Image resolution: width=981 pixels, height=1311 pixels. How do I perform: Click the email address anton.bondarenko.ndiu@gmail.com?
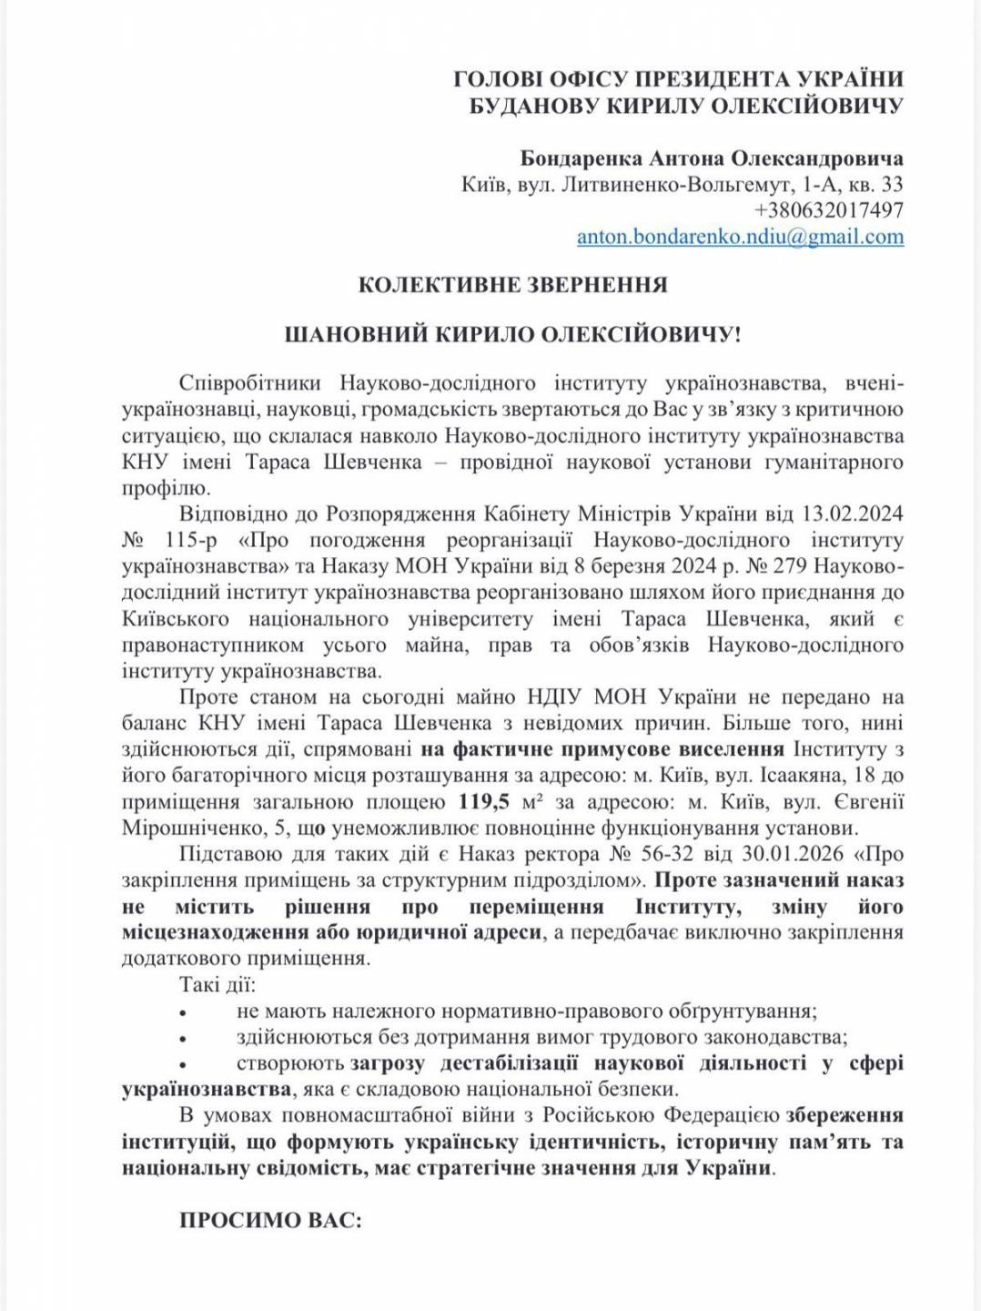740,237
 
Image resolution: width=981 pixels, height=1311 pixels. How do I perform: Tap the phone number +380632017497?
828,210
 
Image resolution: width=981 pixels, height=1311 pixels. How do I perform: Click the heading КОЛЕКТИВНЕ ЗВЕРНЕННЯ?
512,284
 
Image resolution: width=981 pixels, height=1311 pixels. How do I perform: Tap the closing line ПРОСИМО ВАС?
270,1220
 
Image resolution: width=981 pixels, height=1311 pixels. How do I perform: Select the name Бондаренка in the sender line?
581,158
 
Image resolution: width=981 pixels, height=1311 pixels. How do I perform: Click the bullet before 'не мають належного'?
184,1012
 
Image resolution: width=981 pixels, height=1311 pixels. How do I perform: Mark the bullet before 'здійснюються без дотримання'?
184,1038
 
